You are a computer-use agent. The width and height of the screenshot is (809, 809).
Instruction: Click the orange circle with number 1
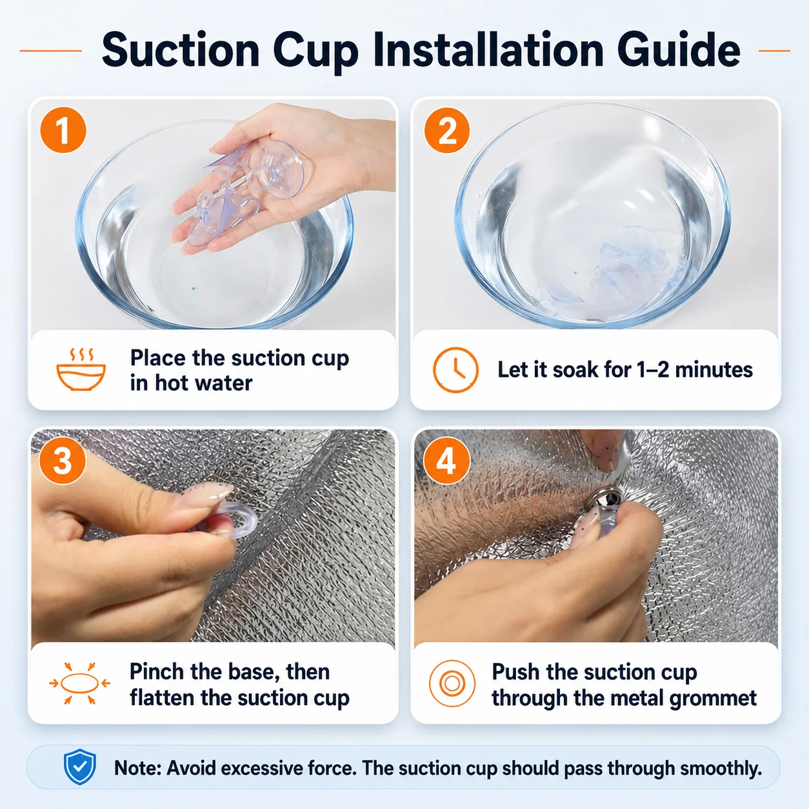pyautogui.click(x=63, y=130)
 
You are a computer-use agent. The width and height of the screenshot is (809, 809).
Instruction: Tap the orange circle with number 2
pyautogui.click(x=447, y=130)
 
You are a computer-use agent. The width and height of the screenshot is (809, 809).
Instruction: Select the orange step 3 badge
pyautogui.click(x=63, y=461)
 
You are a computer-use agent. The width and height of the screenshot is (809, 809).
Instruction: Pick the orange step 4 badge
pyautogui.click(x=446, y=461)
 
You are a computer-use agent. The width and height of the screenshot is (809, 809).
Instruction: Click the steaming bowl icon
pyautogui.click(x=81, y=370)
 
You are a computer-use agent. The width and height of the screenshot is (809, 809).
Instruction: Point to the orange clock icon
pyautogui.click(x=455, y=370)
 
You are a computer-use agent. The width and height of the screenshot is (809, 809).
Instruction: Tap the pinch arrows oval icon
pyautogui.click(x=80, y=683)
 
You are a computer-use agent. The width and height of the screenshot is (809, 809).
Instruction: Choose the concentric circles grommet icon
pyautogui.click(x=452, y=683)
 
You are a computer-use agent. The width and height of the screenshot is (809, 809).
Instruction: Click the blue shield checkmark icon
pyautogui.click(x=80, y=766)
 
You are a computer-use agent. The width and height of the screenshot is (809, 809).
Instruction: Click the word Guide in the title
pyautogui.click(x=679, y=50)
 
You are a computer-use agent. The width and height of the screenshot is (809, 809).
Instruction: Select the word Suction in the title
pyautogui.click(x=181, y=50)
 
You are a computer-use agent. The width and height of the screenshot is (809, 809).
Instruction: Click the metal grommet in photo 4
pyautogui.click(x=603, y=499)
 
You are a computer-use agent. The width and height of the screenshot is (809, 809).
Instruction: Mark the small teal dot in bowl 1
pyautogui.click(x=193, y=288)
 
